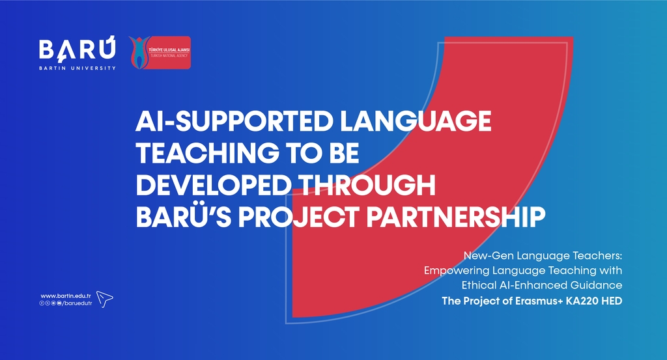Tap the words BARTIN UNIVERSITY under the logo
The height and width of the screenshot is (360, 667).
pos(77,68)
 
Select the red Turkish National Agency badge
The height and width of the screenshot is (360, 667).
pos(160,53)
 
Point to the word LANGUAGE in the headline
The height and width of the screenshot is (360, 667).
pos(416,121)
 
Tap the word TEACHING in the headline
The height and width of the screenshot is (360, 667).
pos(208,153)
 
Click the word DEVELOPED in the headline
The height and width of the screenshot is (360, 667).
pos(214,185)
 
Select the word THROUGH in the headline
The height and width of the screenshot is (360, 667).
pos(367,185)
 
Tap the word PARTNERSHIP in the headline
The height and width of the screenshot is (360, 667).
pos(455,217)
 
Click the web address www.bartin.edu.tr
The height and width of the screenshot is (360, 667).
pos(66,296)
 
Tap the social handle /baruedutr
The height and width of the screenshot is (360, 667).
pos(77,303)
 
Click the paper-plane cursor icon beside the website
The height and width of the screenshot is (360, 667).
pos(104,299)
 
